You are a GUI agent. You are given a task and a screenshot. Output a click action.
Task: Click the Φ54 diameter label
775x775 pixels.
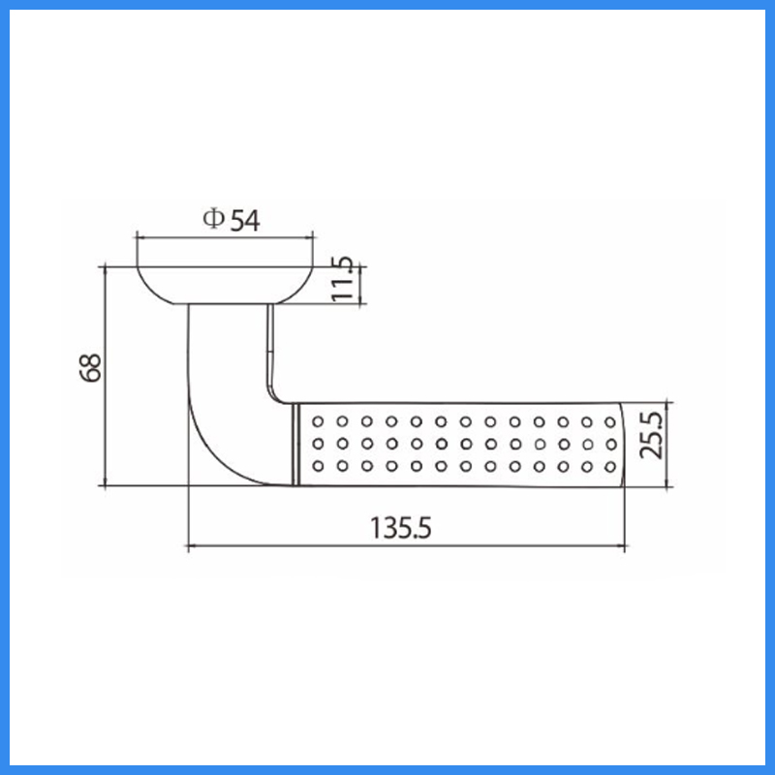point(232,220)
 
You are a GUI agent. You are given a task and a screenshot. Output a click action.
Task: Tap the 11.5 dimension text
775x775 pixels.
point(342,278)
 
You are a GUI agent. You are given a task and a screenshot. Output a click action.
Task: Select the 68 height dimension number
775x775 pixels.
point(90,368)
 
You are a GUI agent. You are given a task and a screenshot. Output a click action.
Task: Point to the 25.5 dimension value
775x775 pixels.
point(650,435)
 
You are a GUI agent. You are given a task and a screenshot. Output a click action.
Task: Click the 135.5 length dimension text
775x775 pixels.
point(401,528)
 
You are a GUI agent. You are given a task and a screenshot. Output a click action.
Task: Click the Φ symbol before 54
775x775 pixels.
point(213,219)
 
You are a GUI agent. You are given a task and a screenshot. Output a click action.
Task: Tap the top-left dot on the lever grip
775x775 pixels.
point(318,421)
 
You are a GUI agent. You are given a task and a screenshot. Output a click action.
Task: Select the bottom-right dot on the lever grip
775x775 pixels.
point(610,467)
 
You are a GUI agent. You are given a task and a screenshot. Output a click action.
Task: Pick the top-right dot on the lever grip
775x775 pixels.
point(610,422)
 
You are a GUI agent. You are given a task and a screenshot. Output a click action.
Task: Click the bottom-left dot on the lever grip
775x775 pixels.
point(318,466)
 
